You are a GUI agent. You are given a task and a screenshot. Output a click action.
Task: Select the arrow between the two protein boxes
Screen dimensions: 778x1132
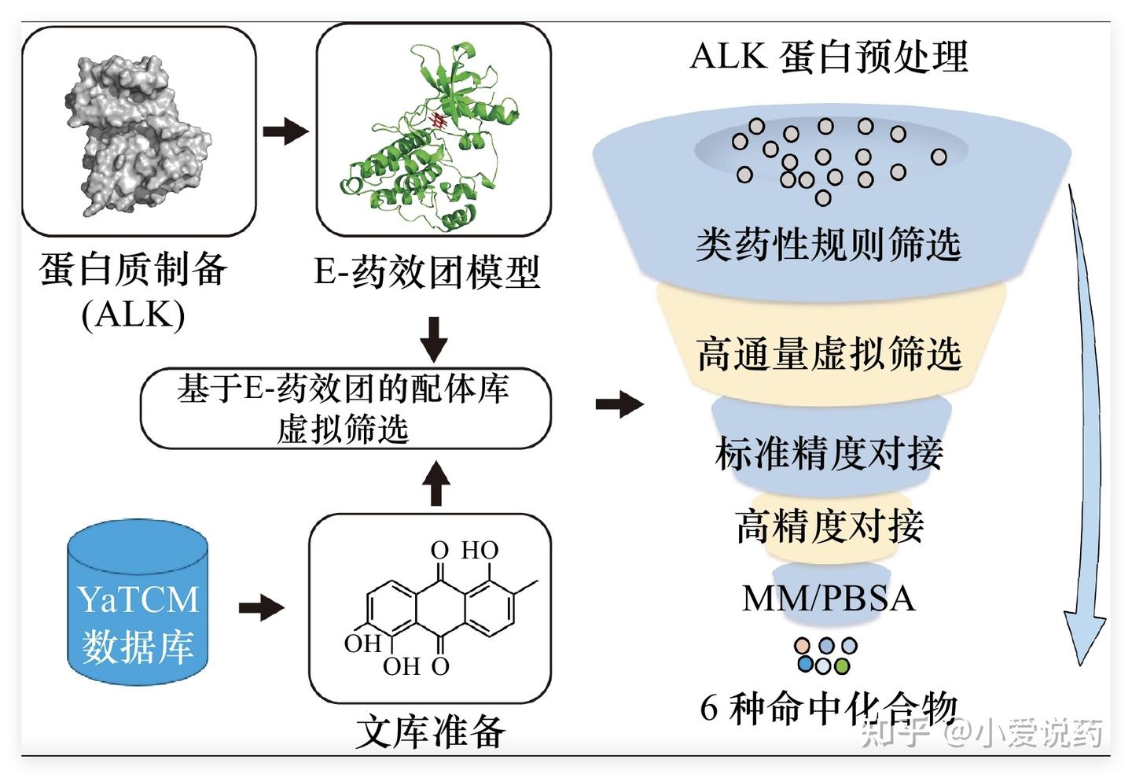(x=285, y=131)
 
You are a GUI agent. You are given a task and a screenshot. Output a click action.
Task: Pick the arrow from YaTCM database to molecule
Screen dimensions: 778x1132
(x=261, y=607)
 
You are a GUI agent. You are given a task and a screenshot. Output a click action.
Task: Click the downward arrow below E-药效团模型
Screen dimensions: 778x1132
(x=433, y=338)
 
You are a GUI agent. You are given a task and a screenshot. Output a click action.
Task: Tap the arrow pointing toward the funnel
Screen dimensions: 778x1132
(x=619, y=404)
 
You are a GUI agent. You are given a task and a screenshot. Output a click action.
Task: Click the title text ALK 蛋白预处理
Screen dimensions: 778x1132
(x=829, y=57)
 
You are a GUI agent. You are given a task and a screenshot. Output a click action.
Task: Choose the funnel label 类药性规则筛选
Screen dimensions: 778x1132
(x=829, y=244)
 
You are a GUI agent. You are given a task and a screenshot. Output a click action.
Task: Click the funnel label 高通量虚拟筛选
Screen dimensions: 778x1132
(x=829, y=353)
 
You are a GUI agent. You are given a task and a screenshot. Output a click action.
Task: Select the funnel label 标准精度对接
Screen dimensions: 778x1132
(x=829, y=453)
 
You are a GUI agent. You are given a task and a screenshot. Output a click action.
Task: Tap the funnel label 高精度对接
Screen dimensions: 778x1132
(x=829, y=525)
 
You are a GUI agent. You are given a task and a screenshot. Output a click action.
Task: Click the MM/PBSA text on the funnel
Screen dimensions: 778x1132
(x=829, y=598)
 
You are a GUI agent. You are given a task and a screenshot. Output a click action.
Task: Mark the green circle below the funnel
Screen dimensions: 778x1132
(x=842, y=666)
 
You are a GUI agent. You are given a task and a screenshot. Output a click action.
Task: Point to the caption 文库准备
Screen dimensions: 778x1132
(x=430, y=732)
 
